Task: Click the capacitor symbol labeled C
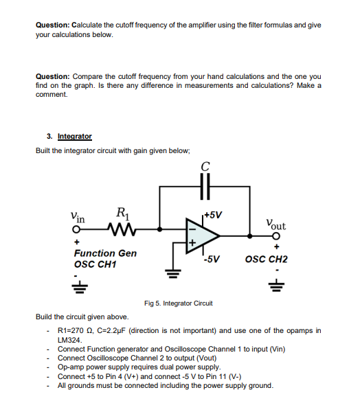click(204, 185)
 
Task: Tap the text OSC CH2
click(267, 260)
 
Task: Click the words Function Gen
click(105, 253)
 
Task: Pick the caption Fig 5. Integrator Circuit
click(179, 303)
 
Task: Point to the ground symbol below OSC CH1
click(80, 286)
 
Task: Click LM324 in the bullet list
click(70, 340)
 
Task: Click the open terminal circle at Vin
click(80, 228)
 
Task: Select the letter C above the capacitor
click(205, 165)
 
